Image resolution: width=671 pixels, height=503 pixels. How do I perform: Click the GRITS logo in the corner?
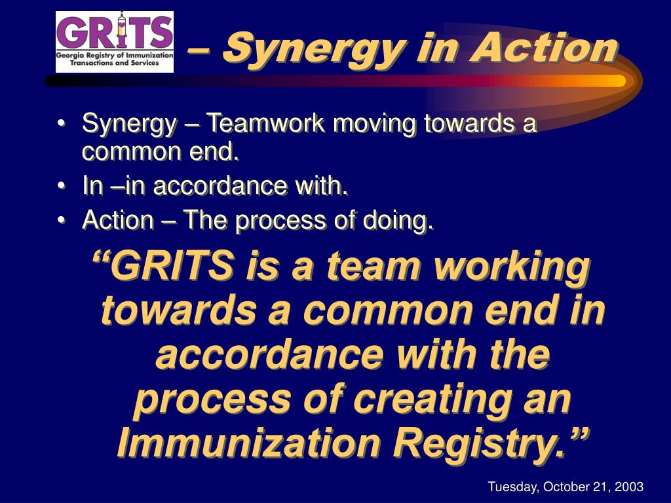[115, 41]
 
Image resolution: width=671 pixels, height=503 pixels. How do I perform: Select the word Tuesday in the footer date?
[512, 487]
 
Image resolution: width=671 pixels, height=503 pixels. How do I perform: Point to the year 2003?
[630, 487]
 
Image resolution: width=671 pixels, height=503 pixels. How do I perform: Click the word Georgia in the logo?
[73, 58]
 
